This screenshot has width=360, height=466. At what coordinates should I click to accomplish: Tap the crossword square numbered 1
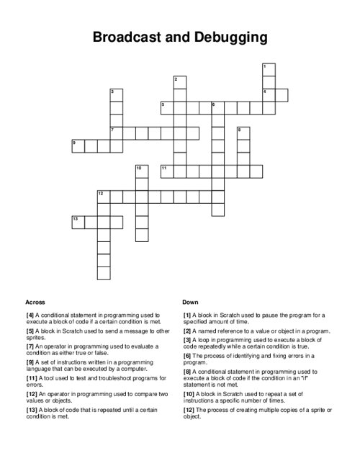(x=269, y=69)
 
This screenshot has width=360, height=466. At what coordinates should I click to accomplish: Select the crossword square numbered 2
(x=179, y=82)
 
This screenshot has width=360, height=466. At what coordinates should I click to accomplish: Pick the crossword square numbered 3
(x=116, y=95)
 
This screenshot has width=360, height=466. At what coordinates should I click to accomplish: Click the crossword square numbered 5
(x=166, y=108)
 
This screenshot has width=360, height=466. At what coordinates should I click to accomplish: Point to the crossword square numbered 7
(x=116, y=133)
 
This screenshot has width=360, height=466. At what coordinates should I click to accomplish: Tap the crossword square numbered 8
(x=243, y=133)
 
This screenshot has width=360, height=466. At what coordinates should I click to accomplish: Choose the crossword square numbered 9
(x=78, y=146)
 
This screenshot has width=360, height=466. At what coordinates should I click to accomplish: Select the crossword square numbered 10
(x=141, y=171)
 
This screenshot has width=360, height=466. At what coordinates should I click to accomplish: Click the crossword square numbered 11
(x=166, y=171)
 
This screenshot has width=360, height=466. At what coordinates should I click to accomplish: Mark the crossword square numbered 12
(x=104, y=197)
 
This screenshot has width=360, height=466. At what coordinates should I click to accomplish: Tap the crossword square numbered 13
(x=78, y=222)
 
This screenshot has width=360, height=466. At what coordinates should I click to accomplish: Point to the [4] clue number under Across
(x=30, y=315)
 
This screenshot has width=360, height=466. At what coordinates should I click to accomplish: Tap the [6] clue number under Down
(x=187, y=355)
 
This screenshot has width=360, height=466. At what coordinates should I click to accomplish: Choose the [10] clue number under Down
(x=189, y=394)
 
